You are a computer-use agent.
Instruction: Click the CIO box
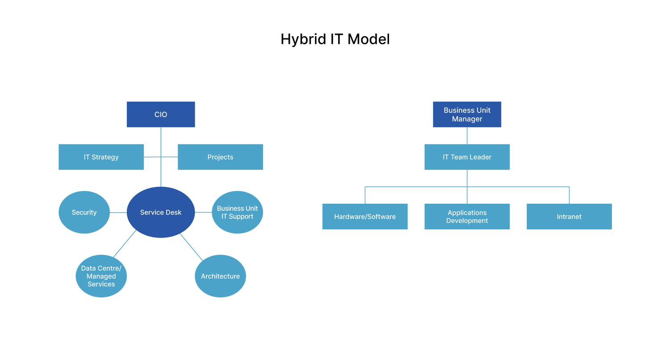[161, 114]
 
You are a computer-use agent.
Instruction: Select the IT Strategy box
[101, 157]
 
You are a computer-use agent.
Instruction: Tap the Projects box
[220, 157]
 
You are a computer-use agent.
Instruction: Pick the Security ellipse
[84, 212]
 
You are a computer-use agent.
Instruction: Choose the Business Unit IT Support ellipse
[237, 212]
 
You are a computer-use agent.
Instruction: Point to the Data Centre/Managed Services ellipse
[101, 276]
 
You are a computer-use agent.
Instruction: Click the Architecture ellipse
[220, 276]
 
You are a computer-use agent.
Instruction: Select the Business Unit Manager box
[467, 114]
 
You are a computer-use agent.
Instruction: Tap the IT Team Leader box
[467, 157]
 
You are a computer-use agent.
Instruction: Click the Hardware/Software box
[365, 217]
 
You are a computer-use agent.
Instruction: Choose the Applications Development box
[467, 217]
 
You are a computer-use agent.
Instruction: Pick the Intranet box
[569, 217]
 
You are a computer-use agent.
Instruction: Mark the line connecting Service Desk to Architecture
[191, 247]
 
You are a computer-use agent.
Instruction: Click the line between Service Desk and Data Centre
[125, 243]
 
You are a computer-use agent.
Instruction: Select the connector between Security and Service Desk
[118, 213]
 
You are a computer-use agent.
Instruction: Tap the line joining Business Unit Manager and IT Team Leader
[467, 136]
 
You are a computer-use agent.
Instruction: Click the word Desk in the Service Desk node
[173, 212]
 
